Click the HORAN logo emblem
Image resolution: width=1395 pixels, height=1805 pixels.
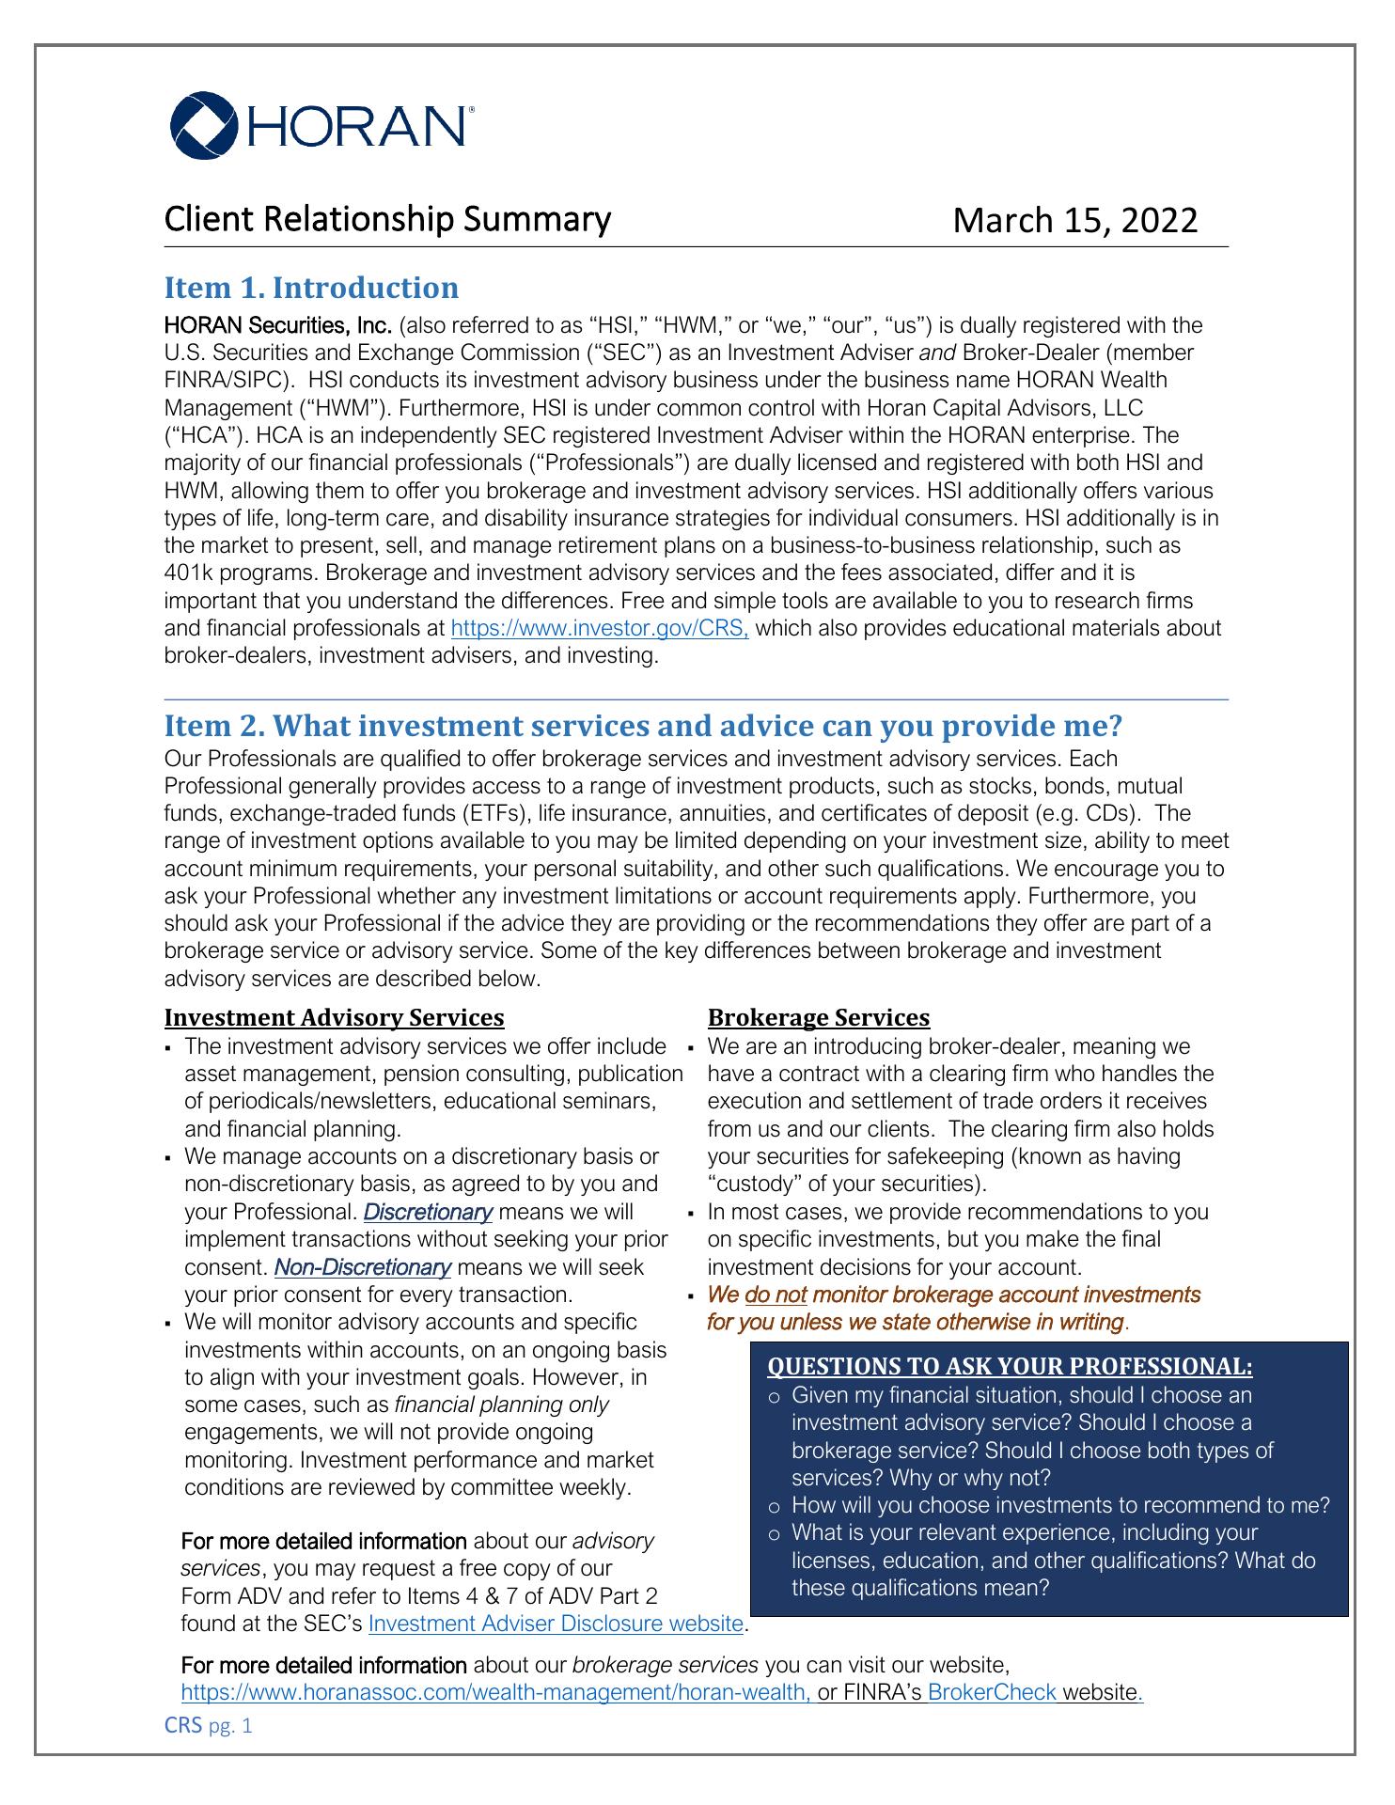(x=202, y=124)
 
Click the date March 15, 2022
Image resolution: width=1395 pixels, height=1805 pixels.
(x=1075, y=220)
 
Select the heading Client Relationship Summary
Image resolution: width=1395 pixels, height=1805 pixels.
(x=387, y=219)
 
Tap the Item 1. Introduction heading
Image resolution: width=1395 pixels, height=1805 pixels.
(x=311, y=288)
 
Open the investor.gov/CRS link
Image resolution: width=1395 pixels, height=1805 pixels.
(x=600, y=628)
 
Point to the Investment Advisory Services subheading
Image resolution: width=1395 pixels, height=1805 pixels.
(x=334, y=1018)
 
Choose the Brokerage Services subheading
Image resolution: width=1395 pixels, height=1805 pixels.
(x=818, y=1018)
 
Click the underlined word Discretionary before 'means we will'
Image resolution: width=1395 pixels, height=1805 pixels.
(x=428, y=1212)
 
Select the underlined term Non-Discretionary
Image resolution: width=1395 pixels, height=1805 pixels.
(x=363, y=1267)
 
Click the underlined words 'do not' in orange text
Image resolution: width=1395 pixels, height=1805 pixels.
(x=776, y=1295)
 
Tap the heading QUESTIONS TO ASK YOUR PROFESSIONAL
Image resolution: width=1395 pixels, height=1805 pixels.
(x=1010, y=1366)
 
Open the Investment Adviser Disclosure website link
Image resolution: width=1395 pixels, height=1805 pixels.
(x=556, y=1624)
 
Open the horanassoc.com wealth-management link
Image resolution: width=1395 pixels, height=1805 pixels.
(x=496, y=1693)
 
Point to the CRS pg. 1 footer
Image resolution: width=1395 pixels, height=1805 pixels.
(x=208, y=1726)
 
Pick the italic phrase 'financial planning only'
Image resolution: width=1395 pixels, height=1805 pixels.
(x=501, y=1405)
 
